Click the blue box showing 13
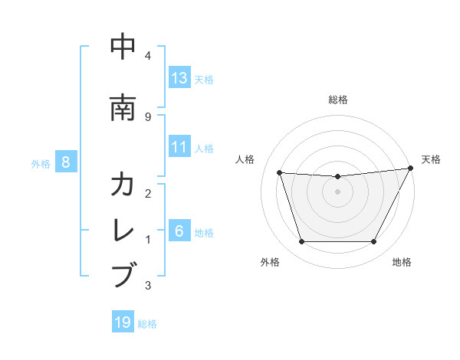(179, 78)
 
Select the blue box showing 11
(179, 147)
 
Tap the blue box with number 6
(179, 231)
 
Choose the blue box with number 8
(67, 162)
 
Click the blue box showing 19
(123, 322)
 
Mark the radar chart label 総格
(338, 100)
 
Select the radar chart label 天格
(431, 159)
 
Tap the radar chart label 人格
(245, 159)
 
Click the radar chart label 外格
(270, 262)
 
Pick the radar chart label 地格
(402, 262)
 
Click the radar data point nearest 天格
(411, 169)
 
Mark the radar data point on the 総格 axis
(337, 177)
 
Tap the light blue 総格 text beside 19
(147, 323)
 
